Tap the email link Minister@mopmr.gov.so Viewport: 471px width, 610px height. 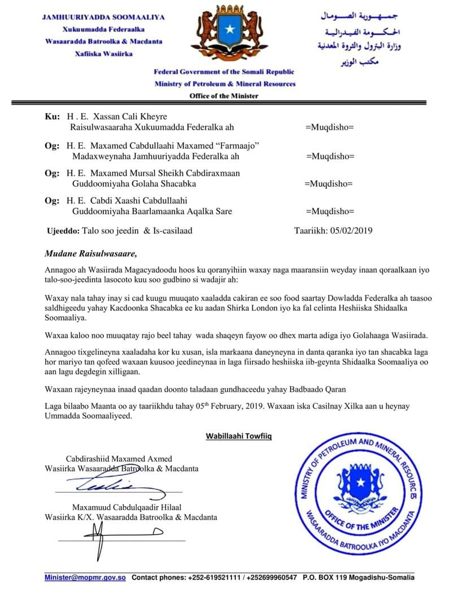[85, 577]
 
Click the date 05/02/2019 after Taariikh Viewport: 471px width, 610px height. [348, 230]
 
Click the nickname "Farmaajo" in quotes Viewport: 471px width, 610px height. [235, 145]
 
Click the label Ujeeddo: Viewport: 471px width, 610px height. [62, 230]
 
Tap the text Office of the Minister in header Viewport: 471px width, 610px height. [224, 95]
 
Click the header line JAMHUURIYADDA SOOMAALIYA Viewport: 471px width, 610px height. [103, 17]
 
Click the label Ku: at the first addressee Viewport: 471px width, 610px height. [51, 116]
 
